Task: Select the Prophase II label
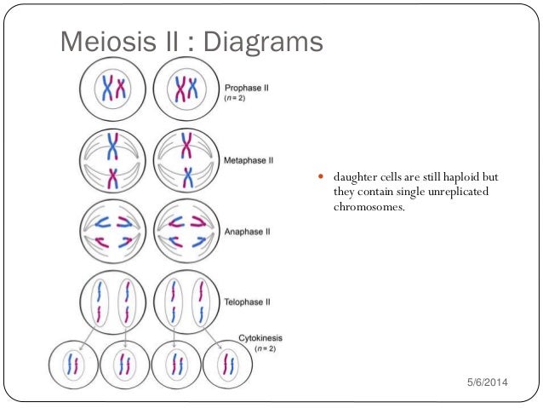[248, 87]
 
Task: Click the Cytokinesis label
[260, 338]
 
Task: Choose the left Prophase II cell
[113, 88]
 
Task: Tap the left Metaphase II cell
[113, 158]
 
